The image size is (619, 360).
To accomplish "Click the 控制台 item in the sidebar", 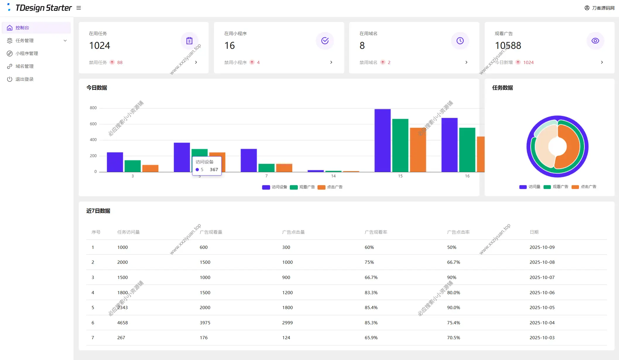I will tap(22, 28).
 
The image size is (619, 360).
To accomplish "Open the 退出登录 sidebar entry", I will tap(24, 79).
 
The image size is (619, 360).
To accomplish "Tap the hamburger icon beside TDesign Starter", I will tap(79, 8).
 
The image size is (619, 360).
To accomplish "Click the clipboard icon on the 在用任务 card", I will tap(189, 41).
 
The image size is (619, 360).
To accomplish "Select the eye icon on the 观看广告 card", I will tap(595, 41).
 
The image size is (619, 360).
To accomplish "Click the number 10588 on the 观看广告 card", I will tap(508, 46).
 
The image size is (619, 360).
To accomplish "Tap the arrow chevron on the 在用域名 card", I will tap(466, 62).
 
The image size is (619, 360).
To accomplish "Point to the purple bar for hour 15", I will tap(383, 140).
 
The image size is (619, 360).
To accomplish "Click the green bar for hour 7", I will tap(266, 168).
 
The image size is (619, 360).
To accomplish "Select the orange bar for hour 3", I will tap(150, 168).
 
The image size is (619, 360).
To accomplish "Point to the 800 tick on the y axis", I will tap(93, 108).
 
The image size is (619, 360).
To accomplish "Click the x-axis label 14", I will tap(333, 176).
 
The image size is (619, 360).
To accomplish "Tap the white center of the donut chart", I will tap(557, 147).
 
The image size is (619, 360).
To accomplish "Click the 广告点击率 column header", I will tap(458, 232).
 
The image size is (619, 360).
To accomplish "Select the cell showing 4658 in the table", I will tap(122, 323).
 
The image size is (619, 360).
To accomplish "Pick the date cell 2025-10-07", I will tap(542, 278).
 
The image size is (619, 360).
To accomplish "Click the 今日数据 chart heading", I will tap(97, 88).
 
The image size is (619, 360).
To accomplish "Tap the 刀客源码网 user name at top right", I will tap(603, 8).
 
